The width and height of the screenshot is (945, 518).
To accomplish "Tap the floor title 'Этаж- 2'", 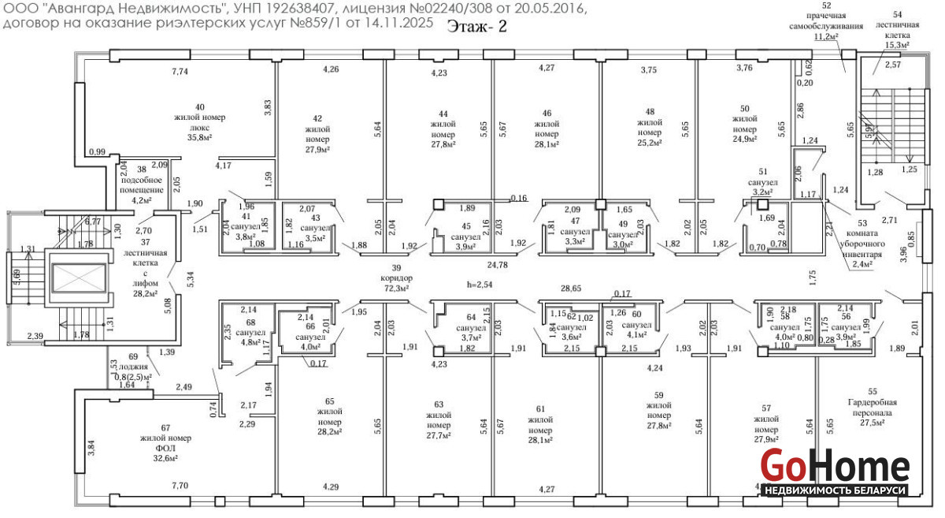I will (477, 26).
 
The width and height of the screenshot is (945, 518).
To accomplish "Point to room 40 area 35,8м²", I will (199, 137).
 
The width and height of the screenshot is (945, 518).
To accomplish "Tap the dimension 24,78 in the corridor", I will (498, 265).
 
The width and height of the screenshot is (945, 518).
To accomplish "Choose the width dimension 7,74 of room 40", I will (180, 72).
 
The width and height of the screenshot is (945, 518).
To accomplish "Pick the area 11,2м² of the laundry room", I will (825, 36).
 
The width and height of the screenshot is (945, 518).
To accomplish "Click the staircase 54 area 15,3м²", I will (898, 45).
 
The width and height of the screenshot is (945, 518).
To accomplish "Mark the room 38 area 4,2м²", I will (141, 200).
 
